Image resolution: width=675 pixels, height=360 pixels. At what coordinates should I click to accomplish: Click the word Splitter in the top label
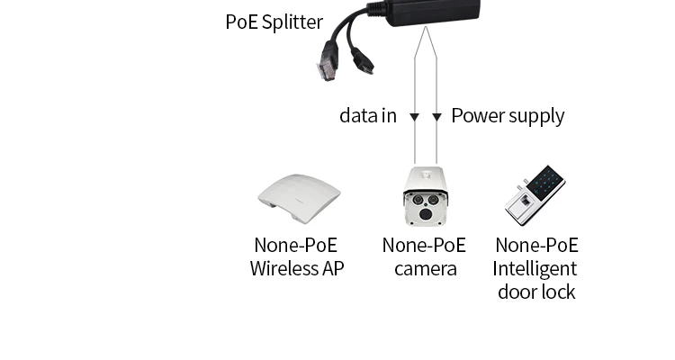coord(292,22)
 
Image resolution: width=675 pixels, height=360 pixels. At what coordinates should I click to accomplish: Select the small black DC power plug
coord(364,63)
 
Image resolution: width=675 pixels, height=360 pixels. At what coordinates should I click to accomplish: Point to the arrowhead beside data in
coord(414,117)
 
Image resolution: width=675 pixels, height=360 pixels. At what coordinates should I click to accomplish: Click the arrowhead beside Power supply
coord(436,117)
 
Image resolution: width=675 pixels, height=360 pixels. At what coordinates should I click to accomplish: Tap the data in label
coord(367,116)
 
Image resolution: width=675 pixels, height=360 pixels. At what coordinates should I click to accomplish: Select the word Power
coord(478,116)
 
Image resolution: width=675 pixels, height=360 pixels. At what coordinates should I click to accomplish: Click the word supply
coord(536,116)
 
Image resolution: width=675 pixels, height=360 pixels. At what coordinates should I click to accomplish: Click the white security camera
coord(425,195)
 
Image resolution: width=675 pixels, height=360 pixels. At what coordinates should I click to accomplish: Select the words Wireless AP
coord(297,268)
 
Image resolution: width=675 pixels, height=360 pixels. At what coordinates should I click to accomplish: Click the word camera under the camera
coord(425,268)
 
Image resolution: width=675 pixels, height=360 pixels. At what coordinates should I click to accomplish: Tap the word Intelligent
coord(535,268)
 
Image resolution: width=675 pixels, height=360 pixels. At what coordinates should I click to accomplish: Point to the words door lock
coord(535,292)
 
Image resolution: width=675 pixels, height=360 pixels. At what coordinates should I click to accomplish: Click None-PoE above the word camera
coord(424,245)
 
